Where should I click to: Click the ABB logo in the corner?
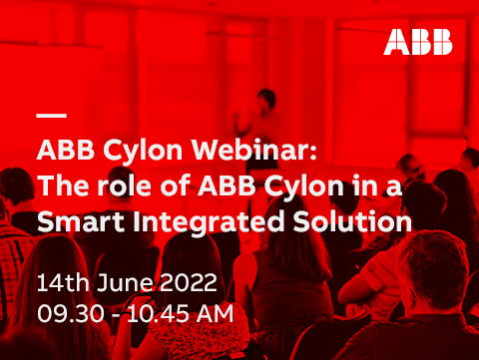418,42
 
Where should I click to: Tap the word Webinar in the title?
261,152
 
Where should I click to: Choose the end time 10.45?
156,312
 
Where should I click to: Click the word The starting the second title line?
60,186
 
